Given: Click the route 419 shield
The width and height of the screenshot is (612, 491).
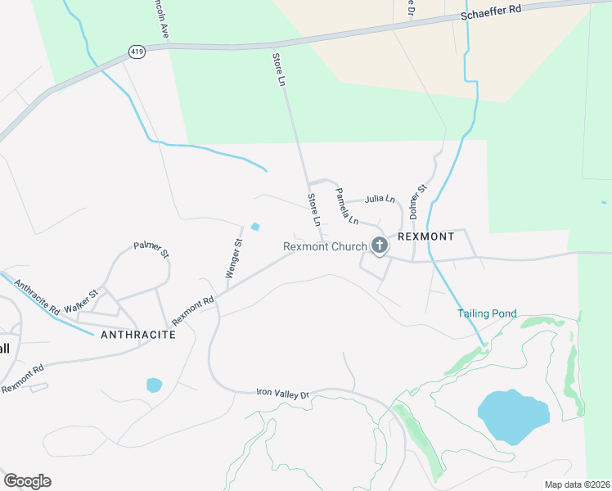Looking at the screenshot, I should (137, 52).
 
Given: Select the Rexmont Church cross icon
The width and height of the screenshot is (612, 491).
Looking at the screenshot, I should (380, 245).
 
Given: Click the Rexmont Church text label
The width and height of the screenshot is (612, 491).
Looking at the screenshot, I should (325, 246).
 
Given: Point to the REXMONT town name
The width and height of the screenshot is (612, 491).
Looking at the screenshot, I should (425, 236).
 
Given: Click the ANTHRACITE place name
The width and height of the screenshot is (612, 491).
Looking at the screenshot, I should (137, 335).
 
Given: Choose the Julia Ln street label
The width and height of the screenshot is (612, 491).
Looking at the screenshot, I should (380, 199).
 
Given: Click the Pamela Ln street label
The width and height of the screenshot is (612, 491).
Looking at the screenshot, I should (347, 206).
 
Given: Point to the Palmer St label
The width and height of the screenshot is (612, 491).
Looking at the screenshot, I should (151, 248).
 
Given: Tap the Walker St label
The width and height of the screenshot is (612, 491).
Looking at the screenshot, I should (82, 300).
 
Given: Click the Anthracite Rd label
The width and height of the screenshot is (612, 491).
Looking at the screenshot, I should (37, 300).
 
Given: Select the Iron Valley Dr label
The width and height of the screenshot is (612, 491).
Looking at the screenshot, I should (282, 395).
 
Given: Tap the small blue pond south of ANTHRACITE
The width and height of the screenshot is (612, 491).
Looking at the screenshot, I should (154, 384).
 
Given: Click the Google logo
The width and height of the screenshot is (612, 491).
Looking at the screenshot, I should (27, 481).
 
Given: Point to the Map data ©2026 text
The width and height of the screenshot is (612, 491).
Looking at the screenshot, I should (577, 484).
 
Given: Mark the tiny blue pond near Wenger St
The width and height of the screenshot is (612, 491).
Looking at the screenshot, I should (256, 227).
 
